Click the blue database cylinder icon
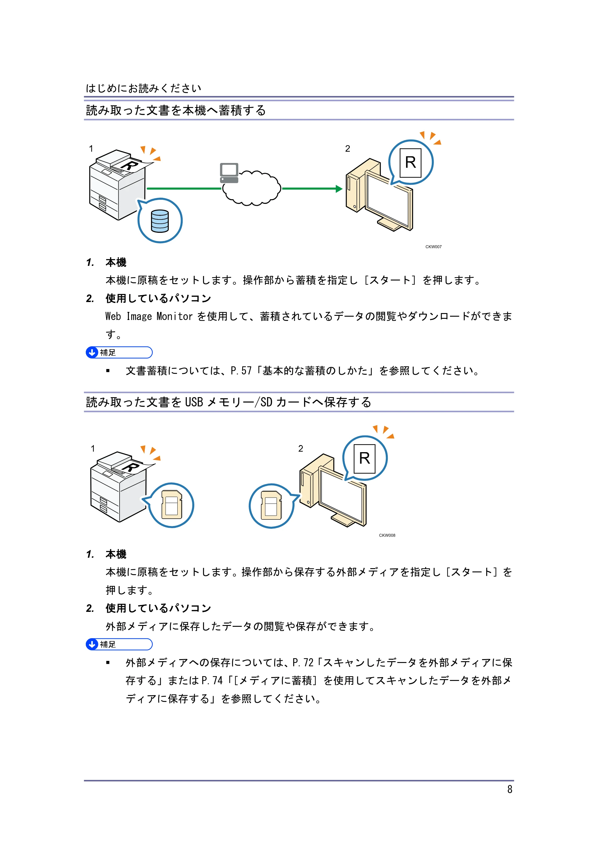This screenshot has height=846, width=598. coord(160,221)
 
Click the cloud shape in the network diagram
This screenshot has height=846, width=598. coord(252,188)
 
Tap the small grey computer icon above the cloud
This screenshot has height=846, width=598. coord(229,173)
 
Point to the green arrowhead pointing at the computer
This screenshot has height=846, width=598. coord(339,189)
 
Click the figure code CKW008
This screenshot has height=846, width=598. coord(387,535)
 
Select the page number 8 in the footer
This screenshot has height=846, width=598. coord(509,789)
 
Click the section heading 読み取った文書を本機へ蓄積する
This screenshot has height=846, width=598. coord(176,110)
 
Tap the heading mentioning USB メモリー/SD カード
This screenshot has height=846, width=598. coord(228,402)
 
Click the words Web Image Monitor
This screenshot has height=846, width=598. coord(149,316)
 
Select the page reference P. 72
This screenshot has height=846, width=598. coord(303,662)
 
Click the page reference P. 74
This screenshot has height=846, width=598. coord(213,680)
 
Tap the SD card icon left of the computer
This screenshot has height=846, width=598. coord(271,505)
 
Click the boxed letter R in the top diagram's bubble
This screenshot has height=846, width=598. coord(411,162)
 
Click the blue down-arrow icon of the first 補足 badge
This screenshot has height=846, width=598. coord(92,353)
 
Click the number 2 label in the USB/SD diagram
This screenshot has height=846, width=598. coord(301,449)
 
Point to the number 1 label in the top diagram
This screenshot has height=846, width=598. coord(91,149)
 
